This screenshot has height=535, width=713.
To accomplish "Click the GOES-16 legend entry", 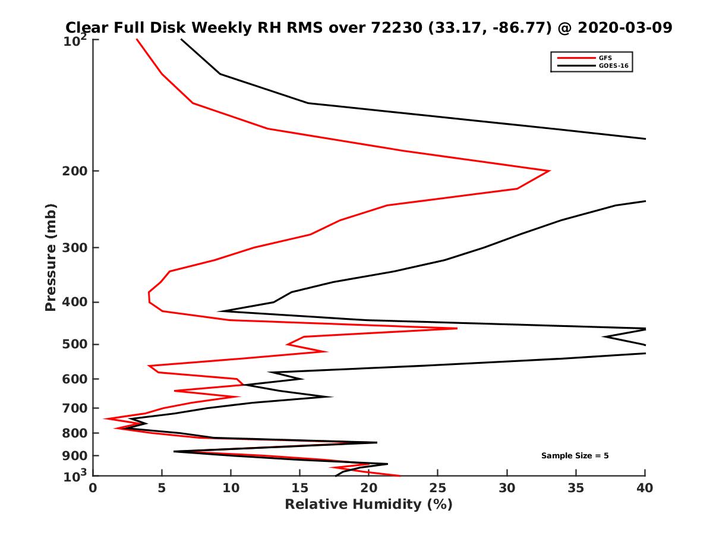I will coord(611,66).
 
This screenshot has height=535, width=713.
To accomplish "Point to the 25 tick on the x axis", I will coord(438,488).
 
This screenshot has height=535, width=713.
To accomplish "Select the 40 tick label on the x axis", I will coord(645,488).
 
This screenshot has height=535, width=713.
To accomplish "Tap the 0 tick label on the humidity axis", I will coord(93,488).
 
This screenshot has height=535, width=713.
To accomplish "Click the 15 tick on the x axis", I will coord(300,488).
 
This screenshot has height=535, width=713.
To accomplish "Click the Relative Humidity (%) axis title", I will coord(368,505).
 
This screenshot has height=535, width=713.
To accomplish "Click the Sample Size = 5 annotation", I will coord(575,456).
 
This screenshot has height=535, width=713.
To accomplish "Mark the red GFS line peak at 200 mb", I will coord(549,171).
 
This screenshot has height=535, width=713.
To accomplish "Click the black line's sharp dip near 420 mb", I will coord(219,311).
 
